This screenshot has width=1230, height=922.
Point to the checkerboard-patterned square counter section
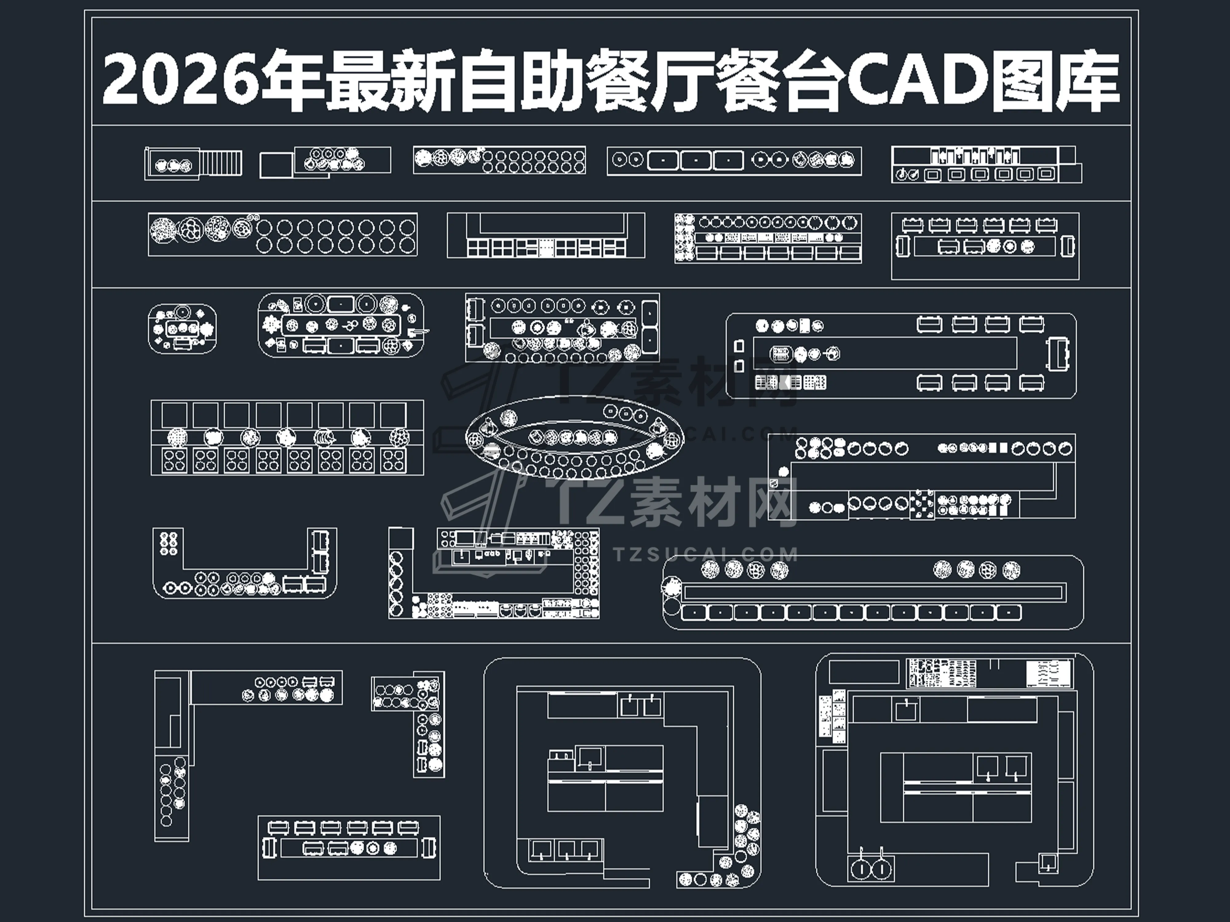coord(922,505)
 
